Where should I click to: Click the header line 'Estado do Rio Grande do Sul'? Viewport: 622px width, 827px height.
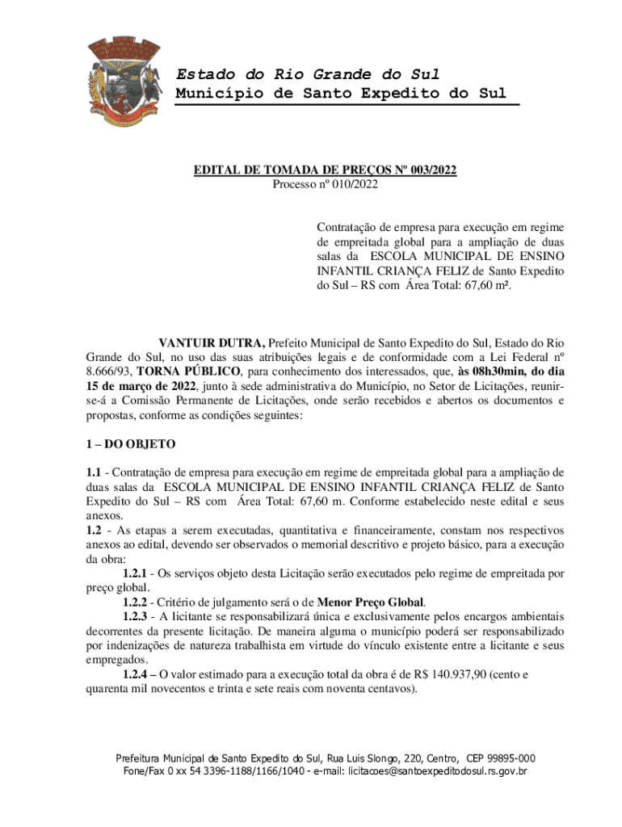[x=308, y=74]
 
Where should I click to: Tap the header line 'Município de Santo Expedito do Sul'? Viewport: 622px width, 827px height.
[x=341, y=93]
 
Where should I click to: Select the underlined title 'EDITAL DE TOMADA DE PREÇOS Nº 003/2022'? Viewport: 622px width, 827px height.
[x=325, y=170]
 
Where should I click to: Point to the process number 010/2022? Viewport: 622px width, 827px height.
[x=348, y=184]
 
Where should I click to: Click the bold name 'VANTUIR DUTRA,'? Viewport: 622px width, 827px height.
[x=212, y=342]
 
